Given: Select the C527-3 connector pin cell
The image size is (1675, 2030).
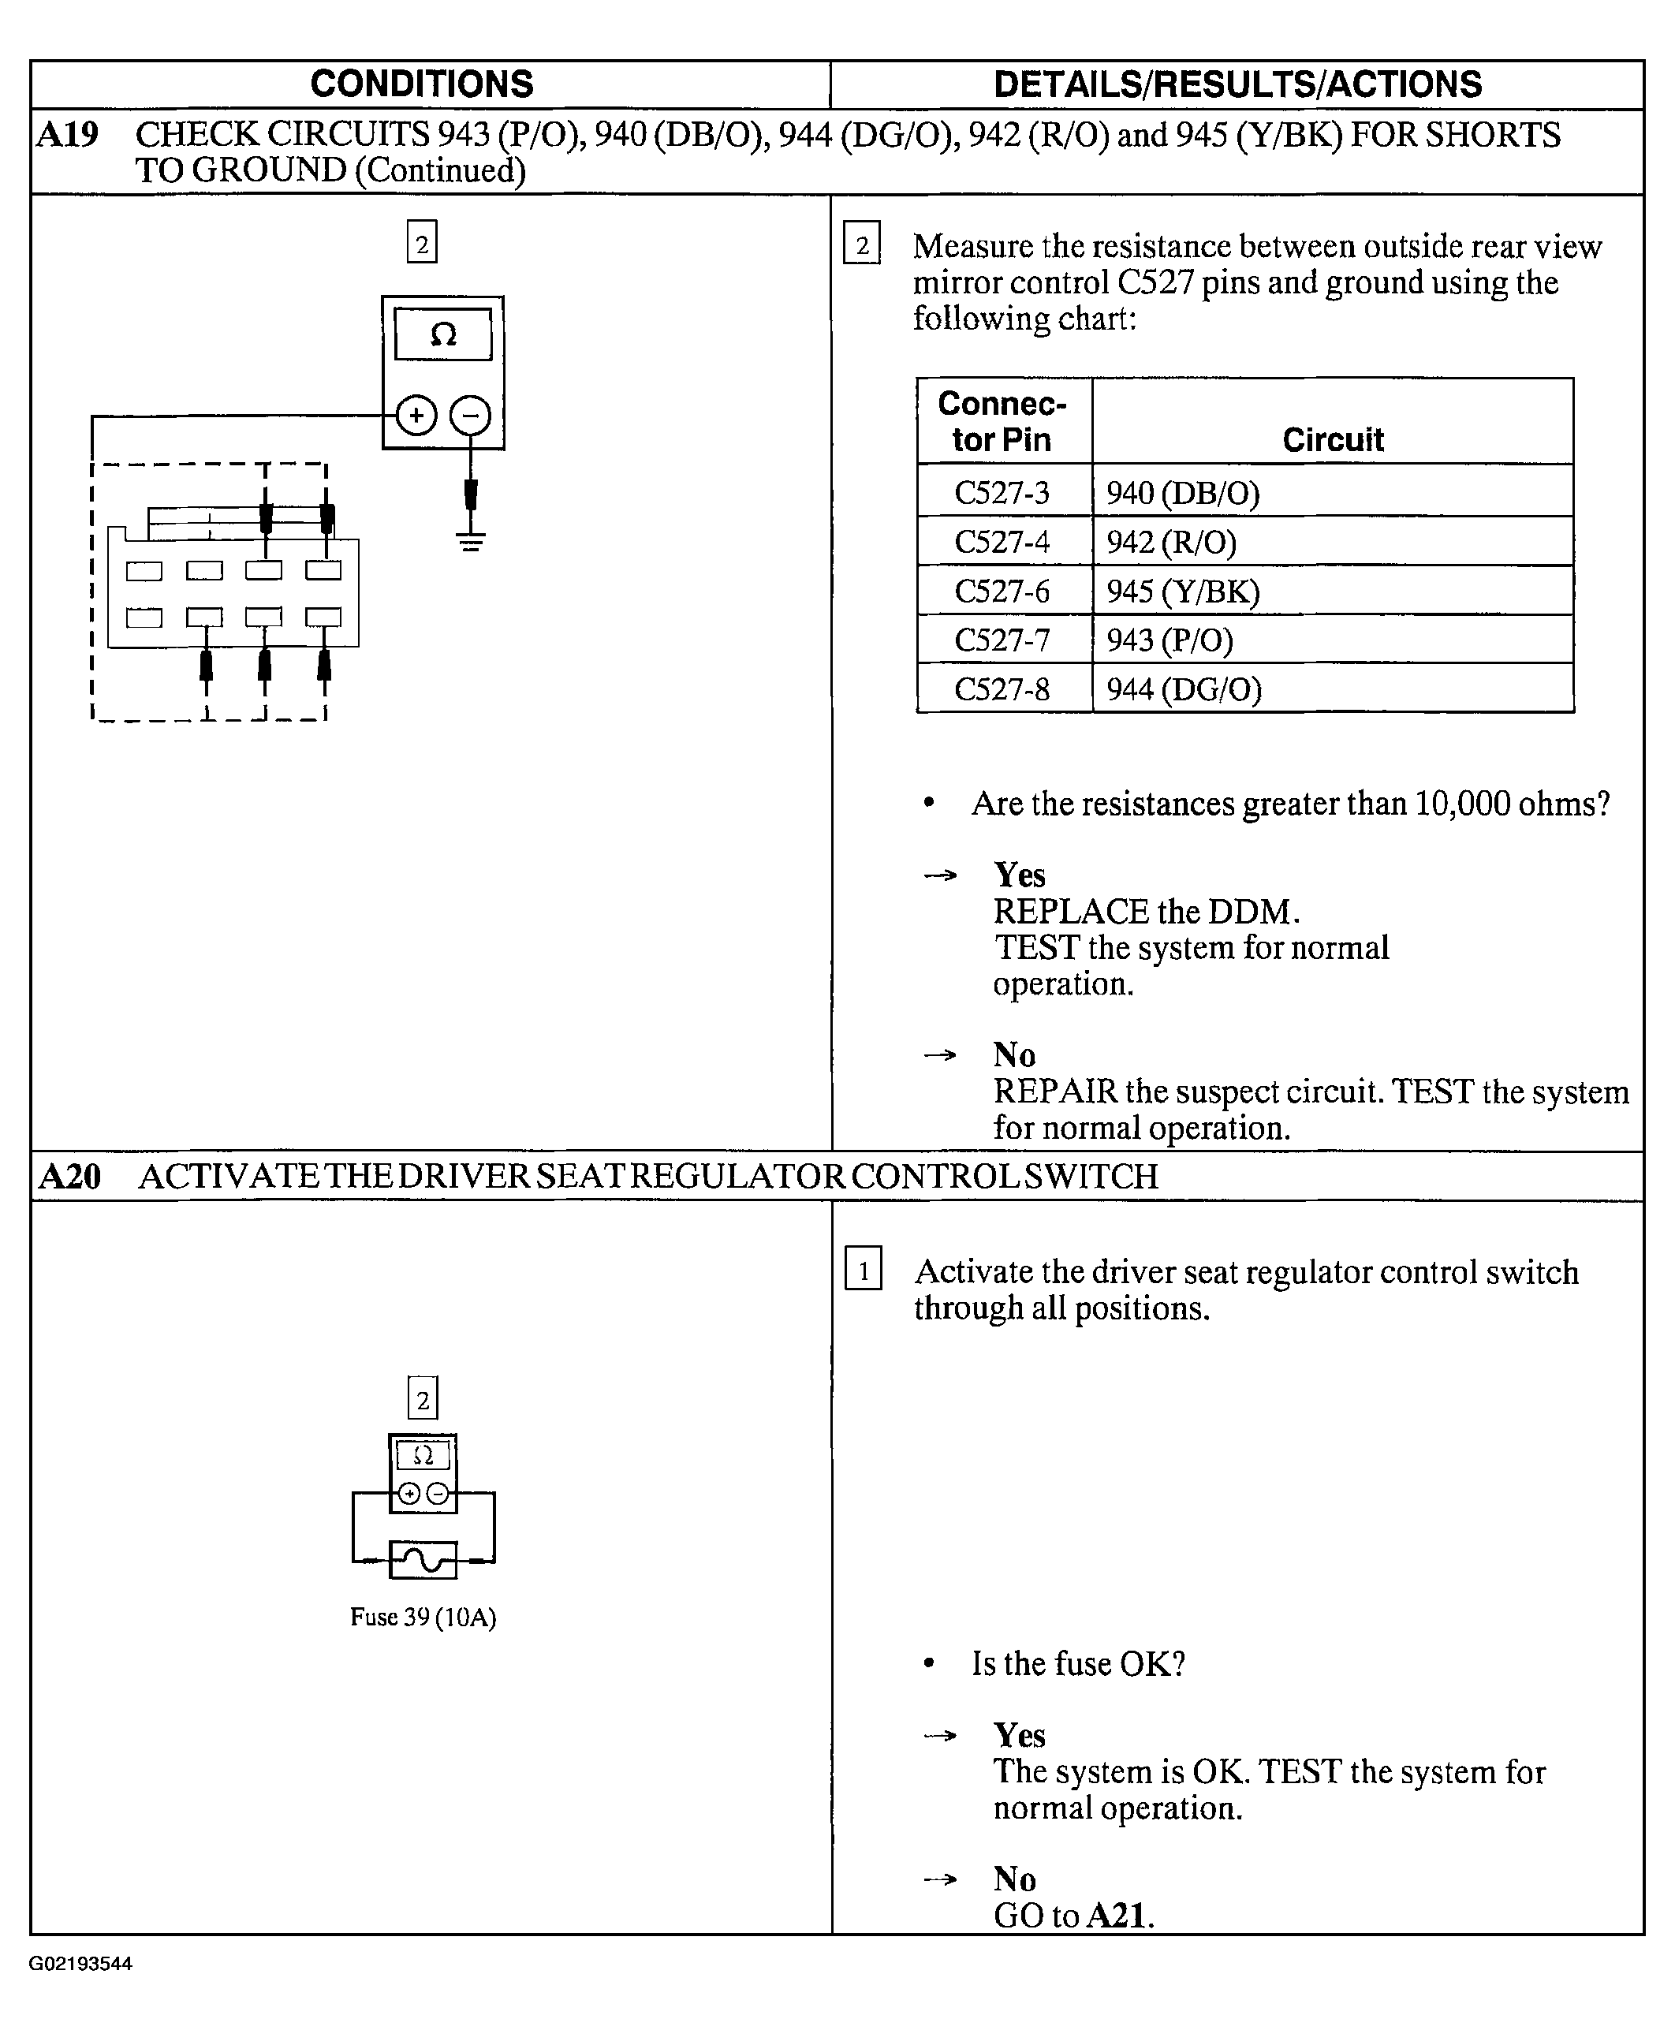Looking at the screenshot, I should (1002, 493).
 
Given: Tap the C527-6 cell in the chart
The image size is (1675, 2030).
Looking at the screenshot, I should (1002, 591).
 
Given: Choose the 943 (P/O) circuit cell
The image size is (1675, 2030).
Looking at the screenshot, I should (1170, 640).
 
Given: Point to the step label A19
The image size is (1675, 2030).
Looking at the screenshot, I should (68, 135).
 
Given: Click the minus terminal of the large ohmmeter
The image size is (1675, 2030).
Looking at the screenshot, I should (471, 416).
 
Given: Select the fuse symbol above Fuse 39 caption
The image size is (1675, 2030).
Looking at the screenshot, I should (423, 1559).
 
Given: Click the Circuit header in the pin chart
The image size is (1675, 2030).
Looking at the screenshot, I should (1333, 440).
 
